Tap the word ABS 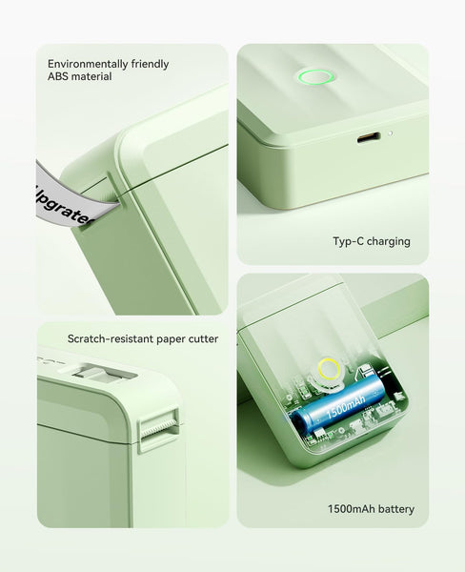point(59,76)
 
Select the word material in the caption point(92,76)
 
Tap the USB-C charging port point(369,137)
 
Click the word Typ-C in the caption point(349,241)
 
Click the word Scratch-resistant point(107,338)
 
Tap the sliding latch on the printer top point(92,368)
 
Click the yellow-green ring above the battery point(330,368)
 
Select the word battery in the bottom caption point(395,509)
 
